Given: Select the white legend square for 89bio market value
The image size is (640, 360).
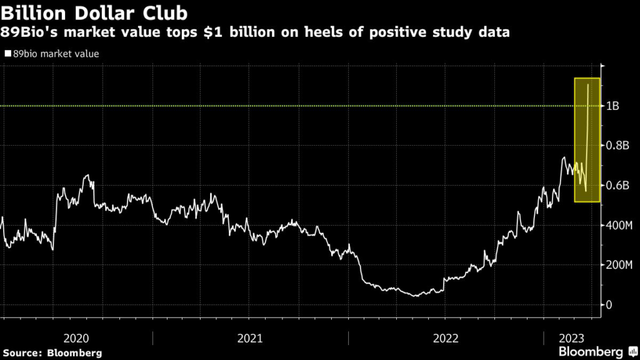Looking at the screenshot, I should click(x=7, y=54).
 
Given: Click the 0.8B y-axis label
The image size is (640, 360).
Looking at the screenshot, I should click(x=617, y=146).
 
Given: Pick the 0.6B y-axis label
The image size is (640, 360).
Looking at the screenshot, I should click(x=617, y=186).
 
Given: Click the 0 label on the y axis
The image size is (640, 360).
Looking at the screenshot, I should click(x=610, y=304).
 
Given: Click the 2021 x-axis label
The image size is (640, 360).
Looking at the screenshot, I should click(x=250, y=338).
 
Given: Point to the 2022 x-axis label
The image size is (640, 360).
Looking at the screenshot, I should click(x=446, y=338).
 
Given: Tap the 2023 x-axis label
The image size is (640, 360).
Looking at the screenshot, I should click(x=572, y=338).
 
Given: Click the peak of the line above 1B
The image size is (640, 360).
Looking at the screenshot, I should click(x=588, y=84).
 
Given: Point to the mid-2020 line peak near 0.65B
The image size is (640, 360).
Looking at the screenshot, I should click(x=88, y=176).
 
